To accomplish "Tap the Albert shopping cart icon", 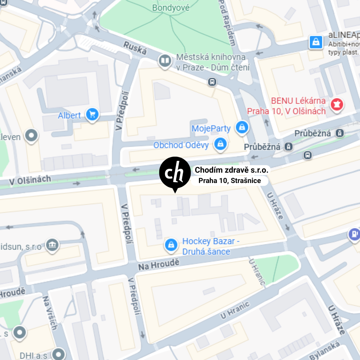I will tap(92, 115).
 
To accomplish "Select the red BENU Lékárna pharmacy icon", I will tap(337, 105).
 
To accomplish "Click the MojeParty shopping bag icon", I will tap(242, 128).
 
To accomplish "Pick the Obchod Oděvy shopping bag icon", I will tap(220, 144).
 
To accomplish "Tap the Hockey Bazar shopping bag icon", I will tap(171, 245).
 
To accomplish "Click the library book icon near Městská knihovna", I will tap(164, 61).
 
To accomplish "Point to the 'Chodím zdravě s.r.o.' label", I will tap(231, 170).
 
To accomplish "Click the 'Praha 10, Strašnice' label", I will tap(229, 181).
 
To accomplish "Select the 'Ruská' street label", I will tap(135, 48).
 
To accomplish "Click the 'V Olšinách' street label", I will tap(30, 180).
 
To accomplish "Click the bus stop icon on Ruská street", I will tap(212, 82).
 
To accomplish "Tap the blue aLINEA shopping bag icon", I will tap(316, 42).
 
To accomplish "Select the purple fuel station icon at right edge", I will tap(354, 234).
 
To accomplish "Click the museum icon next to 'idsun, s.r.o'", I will tap(52, 245).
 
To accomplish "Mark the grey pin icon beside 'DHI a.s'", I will tap(59, 354).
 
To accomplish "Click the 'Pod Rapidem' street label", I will tap(228, 23).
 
